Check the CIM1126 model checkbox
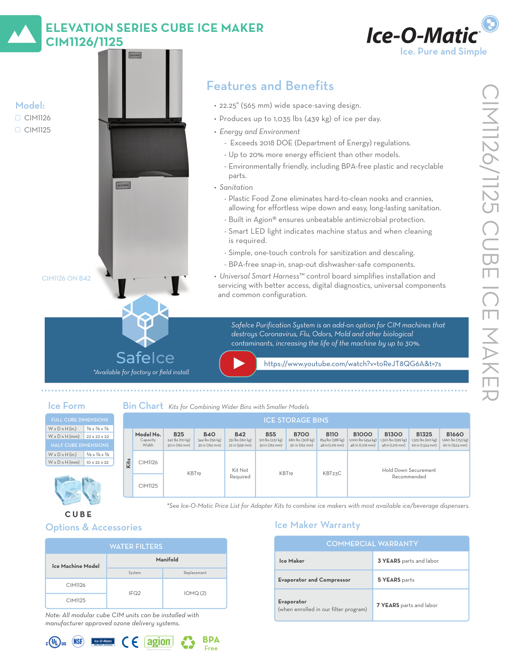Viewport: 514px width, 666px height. (x=18, y=118)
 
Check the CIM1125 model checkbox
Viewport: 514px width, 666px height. (x=18, y=130)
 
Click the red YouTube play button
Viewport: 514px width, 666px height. (x=238, y=363)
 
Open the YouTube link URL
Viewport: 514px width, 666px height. (x=352, y=364)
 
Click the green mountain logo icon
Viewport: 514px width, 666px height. (x=21, y=34)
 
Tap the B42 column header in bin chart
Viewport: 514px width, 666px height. (x=240, y=434)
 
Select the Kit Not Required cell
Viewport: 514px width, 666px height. (x=240, y=473)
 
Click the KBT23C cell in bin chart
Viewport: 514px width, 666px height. (x=332, y=473)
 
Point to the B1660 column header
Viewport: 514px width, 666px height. (x=455, y=434)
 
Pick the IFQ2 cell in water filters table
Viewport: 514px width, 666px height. (x=135, y=593)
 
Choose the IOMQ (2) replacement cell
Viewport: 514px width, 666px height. (x=195, y=593)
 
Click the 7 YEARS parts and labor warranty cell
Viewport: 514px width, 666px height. (x=407, y=605)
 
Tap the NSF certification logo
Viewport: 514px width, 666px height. (x=78, y=641)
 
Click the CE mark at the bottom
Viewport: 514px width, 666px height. (x=130, y=642)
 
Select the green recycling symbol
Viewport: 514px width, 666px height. (x=188, y=642)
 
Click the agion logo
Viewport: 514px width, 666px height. (x=159, y=642)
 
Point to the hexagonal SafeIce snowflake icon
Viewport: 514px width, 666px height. (x=145, y=320)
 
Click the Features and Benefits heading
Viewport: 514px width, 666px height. (x=270, y=86)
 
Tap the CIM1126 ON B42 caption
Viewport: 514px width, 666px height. (x=66, y=279)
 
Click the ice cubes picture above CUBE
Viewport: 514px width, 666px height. (x=78, y=490)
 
